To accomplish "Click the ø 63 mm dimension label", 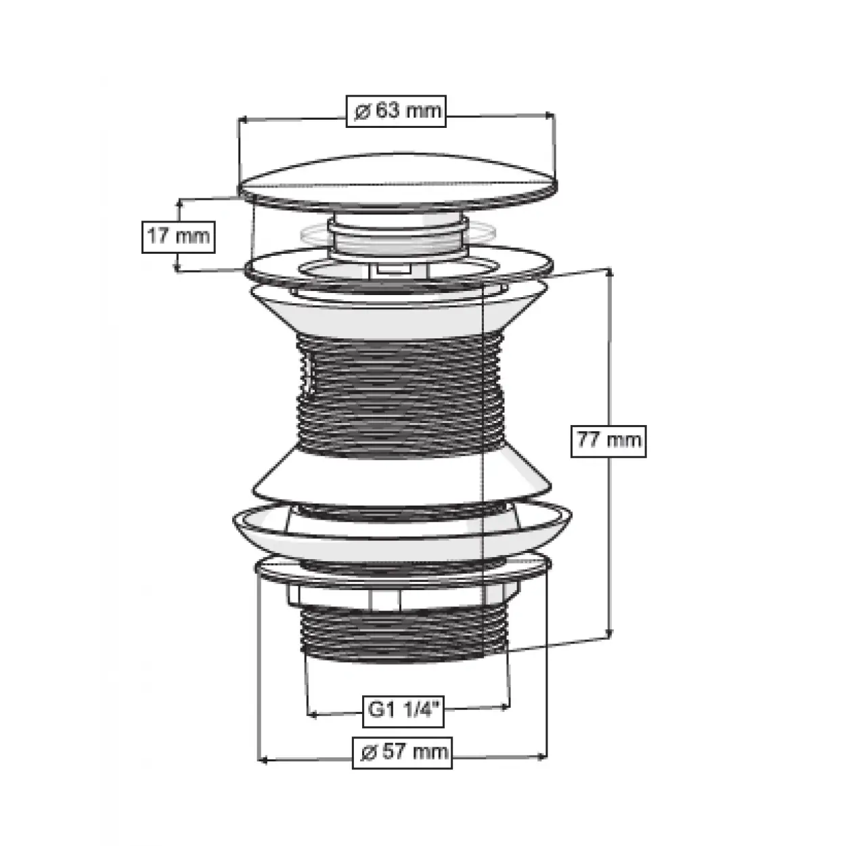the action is tap(396, 111).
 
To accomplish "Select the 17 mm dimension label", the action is tap(178, 237).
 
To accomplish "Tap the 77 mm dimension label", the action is tap(608, 441).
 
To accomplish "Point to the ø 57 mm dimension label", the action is tap(402, 753).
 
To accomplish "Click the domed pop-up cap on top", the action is tap(398, 182).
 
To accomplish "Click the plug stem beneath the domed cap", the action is tap(398, 235).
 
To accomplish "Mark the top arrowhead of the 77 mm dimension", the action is tap(609, 272).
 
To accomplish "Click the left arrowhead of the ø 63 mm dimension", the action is tap(242, 119).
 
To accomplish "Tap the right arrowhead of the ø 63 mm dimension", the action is tap(550, 116).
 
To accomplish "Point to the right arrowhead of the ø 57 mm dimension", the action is tap(543, 757).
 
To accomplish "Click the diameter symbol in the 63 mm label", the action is tap(363, 112).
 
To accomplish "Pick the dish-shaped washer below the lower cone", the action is tap(402, 531).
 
